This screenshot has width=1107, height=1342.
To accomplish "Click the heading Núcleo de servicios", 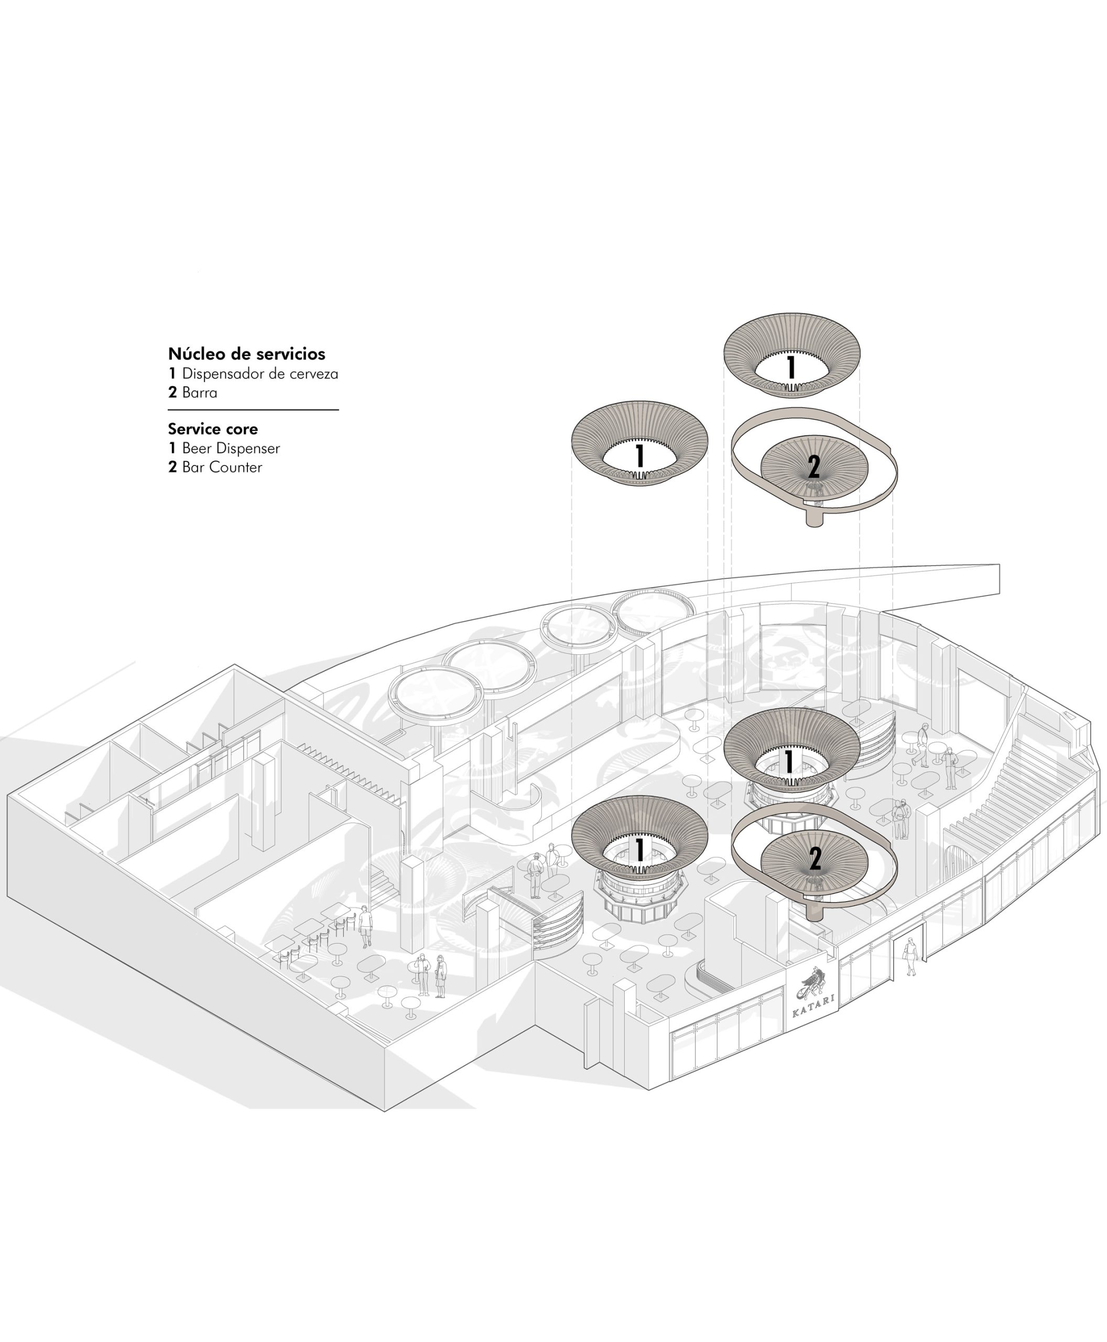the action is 247,354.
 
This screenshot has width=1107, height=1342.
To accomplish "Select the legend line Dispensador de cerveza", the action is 260,374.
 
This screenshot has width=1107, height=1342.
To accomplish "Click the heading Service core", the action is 213,429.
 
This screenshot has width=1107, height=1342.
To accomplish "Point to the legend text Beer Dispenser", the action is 231,448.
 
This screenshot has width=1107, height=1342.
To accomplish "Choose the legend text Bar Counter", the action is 222,468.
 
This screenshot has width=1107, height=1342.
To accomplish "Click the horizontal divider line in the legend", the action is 253,409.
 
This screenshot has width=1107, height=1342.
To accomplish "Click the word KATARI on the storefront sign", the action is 813,1012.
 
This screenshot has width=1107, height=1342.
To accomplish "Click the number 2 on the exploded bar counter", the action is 813,468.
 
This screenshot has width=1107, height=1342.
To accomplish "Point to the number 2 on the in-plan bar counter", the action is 815,859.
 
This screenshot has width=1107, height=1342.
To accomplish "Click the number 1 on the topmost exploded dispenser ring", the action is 791,368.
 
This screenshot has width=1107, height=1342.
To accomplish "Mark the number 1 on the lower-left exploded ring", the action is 639,457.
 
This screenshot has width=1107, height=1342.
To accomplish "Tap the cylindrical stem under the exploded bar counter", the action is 815,515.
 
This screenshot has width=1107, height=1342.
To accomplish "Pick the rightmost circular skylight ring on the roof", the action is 653,612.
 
